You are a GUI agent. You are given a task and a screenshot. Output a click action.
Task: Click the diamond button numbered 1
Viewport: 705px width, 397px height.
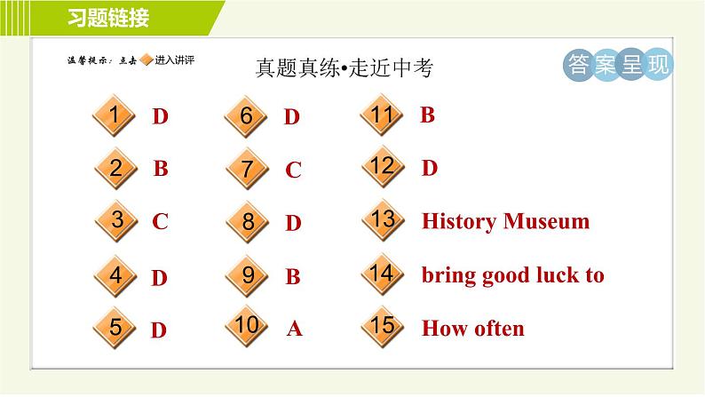coord(115,116)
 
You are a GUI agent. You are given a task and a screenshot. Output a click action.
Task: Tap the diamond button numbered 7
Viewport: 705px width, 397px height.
coord(248,170)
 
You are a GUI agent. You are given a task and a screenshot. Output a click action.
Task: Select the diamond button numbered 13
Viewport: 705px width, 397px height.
coord(383,220)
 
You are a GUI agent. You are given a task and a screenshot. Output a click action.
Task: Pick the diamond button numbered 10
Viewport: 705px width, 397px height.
coord(248,327)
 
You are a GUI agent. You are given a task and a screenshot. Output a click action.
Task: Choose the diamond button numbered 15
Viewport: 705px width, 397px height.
coord(383,327)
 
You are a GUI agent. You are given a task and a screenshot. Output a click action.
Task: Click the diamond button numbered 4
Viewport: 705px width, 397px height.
coord(115,276)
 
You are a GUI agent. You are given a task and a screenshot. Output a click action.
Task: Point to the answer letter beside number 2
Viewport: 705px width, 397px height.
coord(161,169)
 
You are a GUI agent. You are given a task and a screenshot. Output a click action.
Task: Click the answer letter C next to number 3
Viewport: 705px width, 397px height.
coord(160,222)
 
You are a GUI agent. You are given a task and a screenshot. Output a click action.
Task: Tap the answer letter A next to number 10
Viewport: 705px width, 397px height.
coord(295,330)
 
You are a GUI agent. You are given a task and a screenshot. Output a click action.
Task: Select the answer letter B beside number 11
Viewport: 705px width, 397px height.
coord(427,115)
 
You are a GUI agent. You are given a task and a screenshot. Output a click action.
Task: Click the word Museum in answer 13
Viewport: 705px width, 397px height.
coord(546,221)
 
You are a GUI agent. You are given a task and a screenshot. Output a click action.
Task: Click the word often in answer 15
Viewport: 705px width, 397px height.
coord(496,329)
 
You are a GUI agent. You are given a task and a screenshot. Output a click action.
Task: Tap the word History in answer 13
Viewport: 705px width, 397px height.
coord(459,221)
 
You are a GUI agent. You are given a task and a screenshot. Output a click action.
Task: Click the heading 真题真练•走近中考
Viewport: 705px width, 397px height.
coord(343,68)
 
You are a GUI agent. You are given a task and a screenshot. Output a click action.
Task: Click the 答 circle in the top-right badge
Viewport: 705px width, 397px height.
coord(577,65)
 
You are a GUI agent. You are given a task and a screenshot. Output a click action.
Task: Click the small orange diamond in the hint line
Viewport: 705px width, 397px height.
coord(147,60)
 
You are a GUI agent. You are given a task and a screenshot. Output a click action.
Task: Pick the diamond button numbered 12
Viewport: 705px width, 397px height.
coord(383,167)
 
